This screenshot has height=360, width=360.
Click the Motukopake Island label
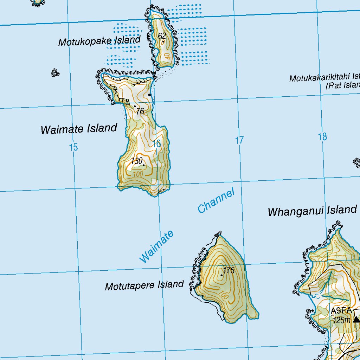(x=99, y=41)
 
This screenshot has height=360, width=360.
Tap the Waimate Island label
(x=79, y=129)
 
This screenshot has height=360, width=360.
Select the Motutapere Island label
(x=144, y=285)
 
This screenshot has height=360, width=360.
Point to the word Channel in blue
(x=216, y=201)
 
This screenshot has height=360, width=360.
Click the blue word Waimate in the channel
(x=157, y=246)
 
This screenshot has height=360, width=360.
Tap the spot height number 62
(x=162, y=36)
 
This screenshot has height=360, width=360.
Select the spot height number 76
(x=140, y=111)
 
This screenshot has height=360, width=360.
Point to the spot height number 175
(x=229, y=270)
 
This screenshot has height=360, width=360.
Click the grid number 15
(x=73, y=147)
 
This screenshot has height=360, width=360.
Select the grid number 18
(x=322, y=137)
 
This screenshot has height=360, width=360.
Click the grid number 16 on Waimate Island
(x=156, y=143)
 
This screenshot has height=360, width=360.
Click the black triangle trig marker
(x=356, y=319)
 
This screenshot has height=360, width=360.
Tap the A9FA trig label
(x=341, y=310)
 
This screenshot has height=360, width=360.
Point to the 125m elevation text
(x=342, y=320)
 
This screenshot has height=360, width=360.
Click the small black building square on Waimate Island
(x=150, y=95)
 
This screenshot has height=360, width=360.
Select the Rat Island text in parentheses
(x=343, y=85)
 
